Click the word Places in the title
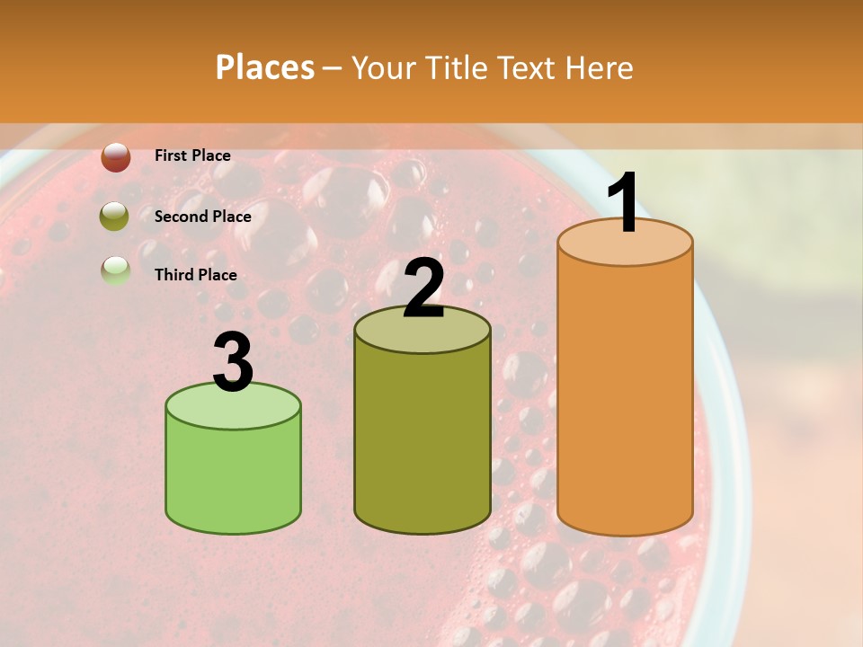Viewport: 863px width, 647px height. click(x=265, y=67)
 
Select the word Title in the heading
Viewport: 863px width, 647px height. click(x=457, y=67)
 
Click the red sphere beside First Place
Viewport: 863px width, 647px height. click(x=116, y=156)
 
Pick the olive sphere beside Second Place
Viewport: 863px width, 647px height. click(x=115, y=217)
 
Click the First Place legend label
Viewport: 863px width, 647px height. click(x=192, y=155)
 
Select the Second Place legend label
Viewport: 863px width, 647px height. click(x=202, y=216)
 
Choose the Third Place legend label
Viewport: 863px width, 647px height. click(x=196, y=275)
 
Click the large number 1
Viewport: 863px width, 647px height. click(x=624, y=203)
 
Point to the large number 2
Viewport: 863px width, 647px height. click(x=423, y=288)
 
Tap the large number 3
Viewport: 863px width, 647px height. click(x=233, y=362)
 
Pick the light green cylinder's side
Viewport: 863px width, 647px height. click(x=233, y=476)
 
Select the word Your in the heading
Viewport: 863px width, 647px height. click(x=380, y=67)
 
